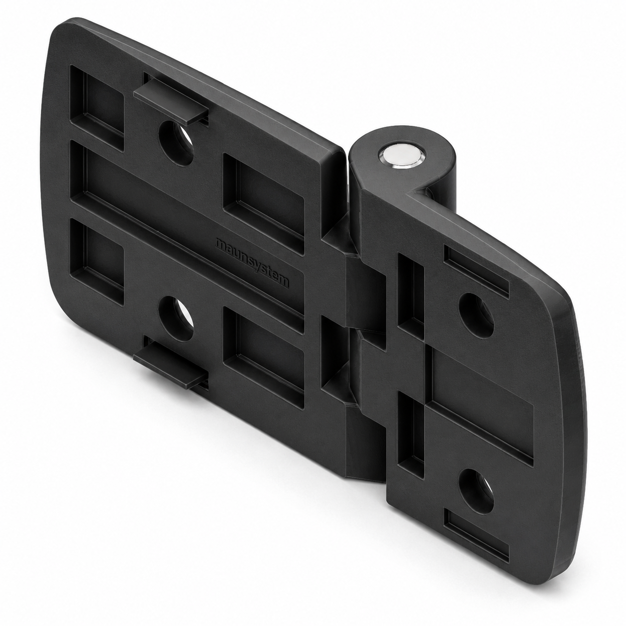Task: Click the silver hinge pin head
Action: coord(400,156)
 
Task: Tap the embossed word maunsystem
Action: coord(252,263)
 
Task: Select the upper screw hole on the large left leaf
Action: coord(176,143)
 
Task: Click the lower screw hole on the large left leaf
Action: coord(176,318)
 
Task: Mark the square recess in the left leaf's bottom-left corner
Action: coord(97,262)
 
